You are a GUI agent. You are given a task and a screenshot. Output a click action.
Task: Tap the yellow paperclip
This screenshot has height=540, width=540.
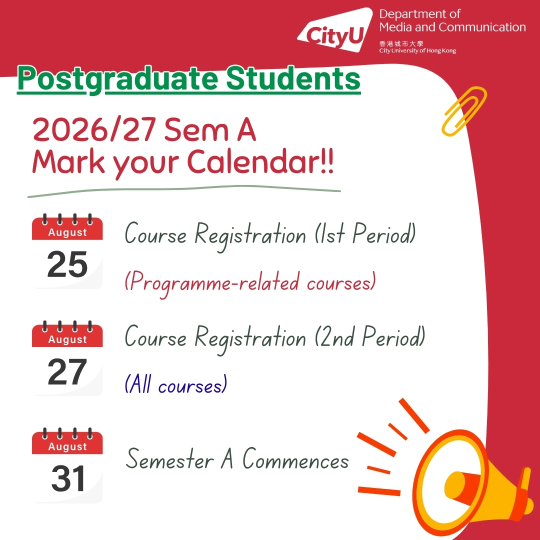coord(464,111)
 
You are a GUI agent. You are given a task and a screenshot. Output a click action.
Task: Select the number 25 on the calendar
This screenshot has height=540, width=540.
coord(67,264)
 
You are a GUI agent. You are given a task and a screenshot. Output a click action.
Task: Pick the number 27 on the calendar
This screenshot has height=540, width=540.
coord(67,371)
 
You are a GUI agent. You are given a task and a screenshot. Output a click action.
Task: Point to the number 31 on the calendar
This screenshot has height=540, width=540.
coord(68,478)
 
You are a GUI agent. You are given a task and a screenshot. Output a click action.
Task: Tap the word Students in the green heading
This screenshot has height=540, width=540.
coord(293,78)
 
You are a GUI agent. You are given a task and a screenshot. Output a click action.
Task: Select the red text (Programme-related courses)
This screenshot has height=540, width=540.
coord(250,283)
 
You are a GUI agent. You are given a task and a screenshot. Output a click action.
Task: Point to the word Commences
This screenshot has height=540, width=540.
coord(296,459)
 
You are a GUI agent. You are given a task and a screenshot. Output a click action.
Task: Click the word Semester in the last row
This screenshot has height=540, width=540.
coord(170,459)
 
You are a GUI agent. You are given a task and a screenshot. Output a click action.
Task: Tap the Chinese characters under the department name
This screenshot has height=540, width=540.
coord(401,43)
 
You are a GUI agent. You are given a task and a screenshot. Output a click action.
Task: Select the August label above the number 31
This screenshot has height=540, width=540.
coord(67,446)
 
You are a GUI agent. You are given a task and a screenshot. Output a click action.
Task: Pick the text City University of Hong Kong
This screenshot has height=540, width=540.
coord(417,50)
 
